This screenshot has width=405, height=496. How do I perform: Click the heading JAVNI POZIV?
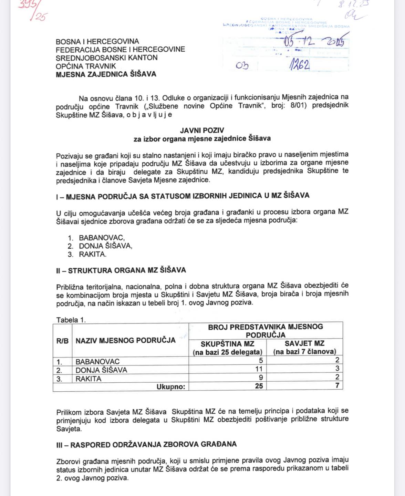point(202,130)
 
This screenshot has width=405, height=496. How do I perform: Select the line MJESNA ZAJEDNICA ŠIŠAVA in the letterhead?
point(106,74)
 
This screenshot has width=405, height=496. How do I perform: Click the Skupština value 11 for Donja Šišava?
point(259,370)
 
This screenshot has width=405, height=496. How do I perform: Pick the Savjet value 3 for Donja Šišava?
point(337,370)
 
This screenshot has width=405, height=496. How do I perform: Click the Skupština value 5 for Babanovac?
point(261,361)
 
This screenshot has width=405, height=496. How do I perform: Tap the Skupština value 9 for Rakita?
point(261,378)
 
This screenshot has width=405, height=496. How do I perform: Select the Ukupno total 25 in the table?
point(259,386)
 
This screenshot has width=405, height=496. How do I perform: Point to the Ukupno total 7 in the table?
point(337,386)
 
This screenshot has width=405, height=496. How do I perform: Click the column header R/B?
point(62,341)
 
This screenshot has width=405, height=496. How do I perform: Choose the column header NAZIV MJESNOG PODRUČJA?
point(125,340)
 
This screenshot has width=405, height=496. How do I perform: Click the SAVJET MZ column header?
point(304,343)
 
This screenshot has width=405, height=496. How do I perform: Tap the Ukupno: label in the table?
point(171,386)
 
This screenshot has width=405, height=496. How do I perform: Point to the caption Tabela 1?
point(71,320)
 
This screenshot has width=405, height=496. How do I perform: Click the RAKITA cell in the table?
point(89,379)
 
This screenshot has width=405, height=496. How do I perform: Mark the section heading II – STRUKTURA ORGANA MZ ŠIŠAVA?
point(121,270)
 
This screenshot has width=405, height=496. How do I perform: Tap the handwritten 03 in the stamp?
point(242,65)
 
